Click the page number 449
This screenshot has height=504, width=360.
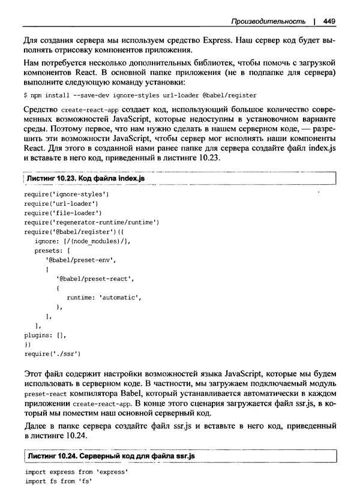click(328, 22)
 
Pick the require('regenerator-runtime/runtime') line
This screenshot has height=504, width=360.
click(91, 222)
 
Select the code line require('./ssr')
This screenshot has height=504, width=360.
click(52, 354)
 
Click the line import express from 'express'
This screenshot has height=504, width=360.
click(71, 473)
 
